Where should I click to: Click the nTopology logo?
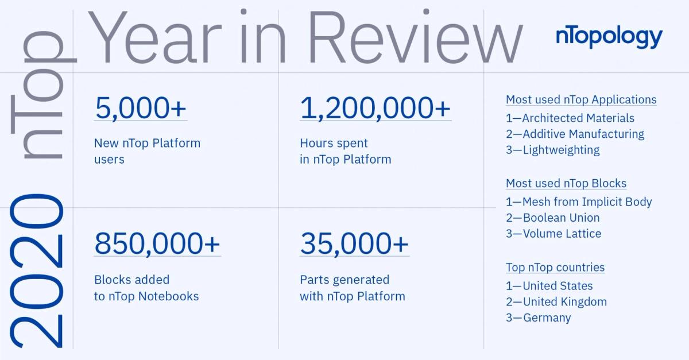pyautogui.click(x=609, y=38)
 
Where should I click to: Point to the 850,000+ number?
pyautogui.click(x=157, y=244)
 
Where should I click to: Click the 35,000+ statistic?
pyautogui.click(x=354, y=244)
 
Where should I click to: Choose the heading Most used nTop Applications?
pyautogui.click(x=581, y=100)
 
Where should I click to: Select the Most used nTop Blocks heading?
pyautogui.click(x=566, y=184)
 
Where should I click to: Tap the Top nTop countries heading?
pyautogui.click(x=555, y=268)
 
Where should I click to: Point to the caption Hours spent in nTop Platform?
pyautogui.click(x=345, y=151)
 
